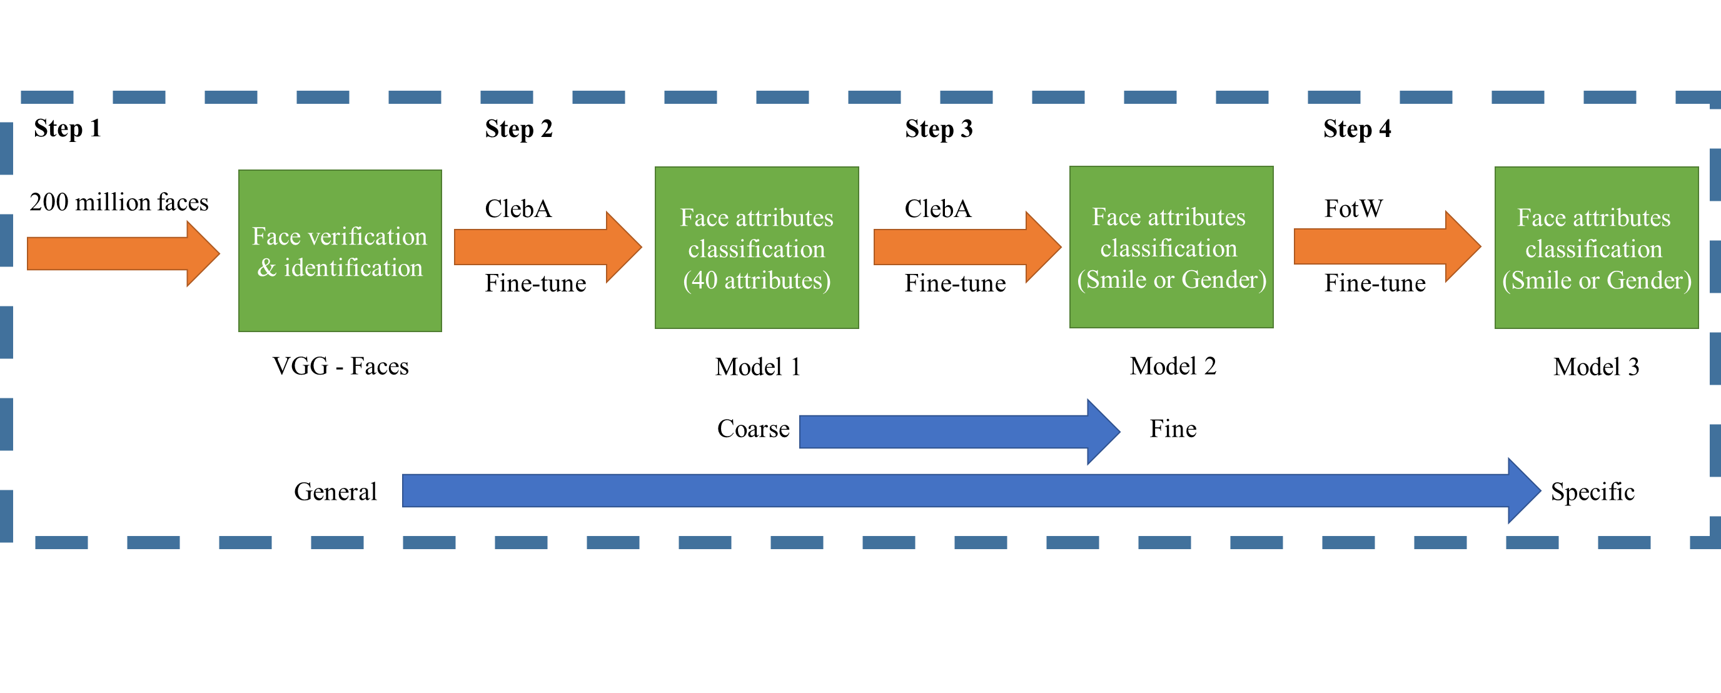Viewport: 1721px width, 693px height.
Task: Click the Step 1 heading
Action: click(68, 128)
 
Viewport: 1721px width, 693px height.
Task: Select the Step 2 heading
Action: click(518, 129)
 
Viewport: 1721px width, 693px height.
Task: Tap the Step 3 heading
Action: click(939, 129)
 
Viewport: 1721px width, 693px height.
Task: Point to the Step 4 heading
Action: click(1357, 129)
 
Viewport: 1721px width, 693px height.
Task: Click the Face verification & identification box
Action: click(340, 251)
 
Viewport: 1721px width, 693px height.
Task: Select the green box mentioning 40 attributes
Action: click(756, 247)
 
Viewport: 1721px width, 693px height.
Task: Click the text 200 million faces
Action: click(119, 202)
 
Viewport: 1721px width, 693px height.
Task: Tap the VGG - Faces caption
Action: click(340, 367)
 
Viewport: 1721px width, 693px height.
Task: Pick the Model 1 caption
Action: click(757, 367)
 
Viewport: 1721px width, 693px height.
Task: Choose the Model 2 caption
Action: click(1173, 367)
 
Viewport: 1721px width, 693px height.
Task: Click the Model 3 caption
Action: click(1596, 367)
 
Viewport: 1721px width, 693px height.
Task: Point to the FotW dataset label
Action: click(1353, 208)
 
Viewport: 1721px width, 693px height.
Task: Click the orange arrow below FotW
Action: click(1387, 246)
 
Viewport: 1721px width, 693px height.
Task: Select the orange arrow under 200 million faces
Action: click(124, 254)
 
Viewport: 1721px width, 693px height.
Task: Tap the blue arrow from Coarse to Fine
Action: click(959, 432)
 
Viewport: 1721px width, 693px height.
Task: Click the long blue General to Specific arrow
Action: click(971, 490)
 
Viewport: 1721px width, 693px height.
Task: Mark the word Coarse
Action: click(753, 429)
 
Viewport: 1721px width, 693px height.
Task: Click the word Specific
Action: click(1592, 492)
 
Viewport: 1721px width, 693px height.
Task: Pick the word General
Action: click(335, 492)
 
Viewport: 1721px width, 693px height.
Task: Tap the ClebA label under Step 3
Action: click(937, 208)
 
